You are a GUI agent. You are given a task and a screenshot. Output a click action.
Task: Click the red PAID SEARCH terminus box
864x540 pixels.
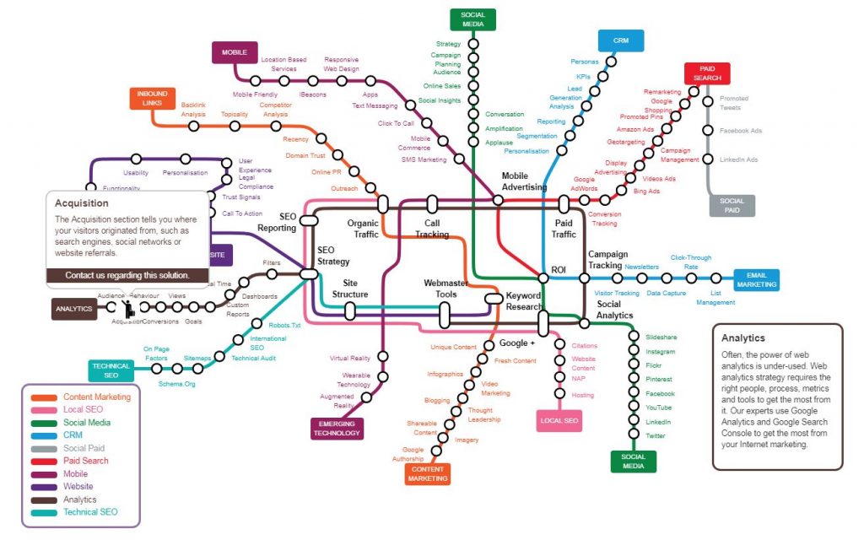coord(706,74)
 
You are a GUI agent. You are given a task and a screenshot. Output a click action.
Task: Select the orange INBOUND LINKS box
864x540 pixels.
coord(153,98)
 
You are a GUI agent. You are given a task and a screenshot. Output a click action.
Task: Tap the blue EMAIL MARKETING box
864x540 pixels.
coord(756,280)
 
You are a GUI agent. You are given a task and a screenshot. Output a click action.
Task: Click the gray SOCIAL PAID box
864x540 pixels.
coord(732,206)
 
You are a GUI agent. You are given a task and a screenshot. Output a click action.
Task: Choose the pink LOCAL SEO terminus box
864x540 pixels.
coord(559,420)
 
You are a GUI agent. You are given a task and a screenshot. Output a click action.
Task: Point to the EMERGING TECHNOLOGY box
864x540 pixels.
coord(337,428)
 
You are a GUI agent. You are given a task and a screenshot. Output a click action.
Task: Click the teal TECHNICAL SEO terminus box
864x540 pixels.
coord(111,370)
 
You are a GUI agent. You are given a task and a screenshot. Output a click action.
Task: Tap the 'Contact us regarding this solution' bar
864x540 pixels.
coord(127,275)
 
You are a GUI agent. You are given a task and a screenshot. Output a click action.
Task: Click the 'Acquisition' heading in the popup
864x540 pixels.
coord(82,203)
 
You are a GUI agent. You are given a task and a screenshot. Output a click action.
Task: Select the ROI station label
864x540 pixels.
coord(558,269)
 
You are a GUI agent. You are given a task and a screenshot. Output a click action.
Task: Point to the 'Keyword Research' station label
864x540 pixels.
coord(523,301)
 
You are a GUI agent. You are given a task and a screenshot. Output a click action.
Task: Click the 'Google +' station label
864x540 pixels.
coord(516,343)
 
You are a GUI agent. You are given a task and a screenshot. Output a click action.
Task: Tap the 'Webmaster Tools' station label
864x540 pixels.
coord(440,289)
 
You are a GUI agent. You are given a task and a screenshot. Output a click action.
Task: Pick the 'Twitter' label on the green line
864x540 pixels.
coord(655,435)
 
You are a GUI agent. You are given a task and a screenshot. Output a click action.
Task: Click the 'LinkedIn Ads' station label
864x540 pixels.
coord(740,159)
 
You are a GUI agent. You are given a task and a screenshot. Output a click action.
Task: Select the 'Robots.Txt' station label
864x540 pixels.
coord(284,324)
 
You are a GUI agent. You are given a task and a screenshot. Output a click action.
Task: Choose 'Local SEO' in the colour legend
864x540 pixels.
coord(83,409)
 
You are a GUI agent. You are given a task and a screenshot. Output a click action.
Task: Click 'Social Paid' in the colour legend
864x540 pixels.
coord(84,448)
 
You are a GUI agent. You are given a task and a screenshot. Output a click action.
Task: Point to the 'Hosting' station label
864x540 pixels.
coord(582,395)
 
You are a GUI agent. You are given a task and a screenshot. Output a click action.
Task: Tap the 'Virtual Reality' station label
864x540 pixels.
coord(350,359)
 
